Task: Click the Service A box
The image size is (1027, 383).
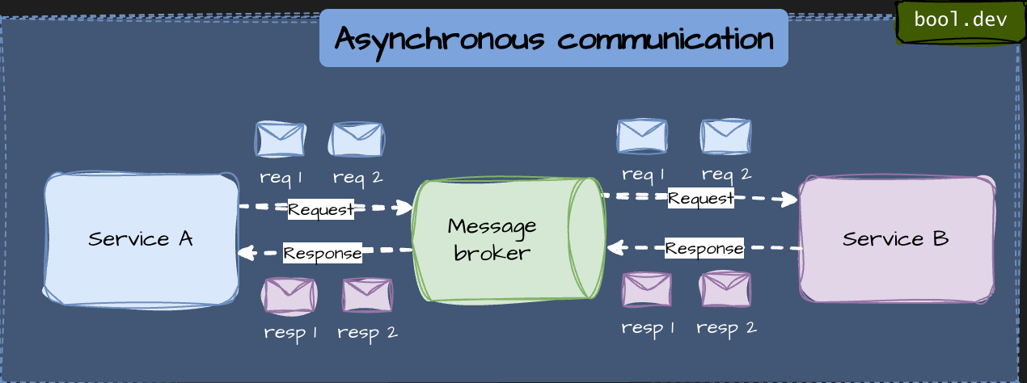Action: tap(142, 239)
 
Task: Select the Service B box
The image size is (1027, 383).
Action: tap(897, 239)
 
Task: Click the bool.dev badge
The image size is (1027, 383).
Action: tap(960, 19)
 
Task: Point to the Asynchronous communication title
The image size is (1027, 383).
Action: tap(554, 38)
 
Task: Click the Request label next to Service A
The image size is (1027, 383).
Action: tap(321, 210)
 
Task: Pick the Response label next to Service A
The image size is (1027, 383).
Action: tap(323, 253)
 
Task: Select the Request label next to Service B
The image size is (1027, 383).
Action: tap(701, 198)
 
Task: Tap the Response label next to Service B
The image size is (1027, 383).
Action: tap(704, 248)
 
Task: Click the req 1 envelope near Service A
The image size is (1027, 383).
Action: tap(281, 139)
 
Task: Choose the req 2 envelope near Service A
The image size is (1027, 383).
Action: tap(357, 139)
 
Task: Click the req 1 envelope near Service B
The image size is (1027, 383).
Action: tap(642, 136)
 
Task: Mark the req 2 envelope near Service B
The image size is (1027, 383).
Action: tap(725, 136)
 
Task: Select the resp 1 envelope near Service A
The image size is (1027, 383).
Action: tap(289, 296)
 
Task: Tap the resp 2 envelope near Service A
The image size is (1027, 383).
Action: tap(367, 295)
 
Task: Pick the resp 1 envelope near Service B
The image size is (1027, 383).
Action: tap(646, 289)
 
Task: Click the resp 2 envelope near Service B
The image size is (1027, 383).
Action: tap(725, 289)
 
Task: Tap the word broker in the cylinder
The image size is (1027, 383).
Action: tap(492, 253)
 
